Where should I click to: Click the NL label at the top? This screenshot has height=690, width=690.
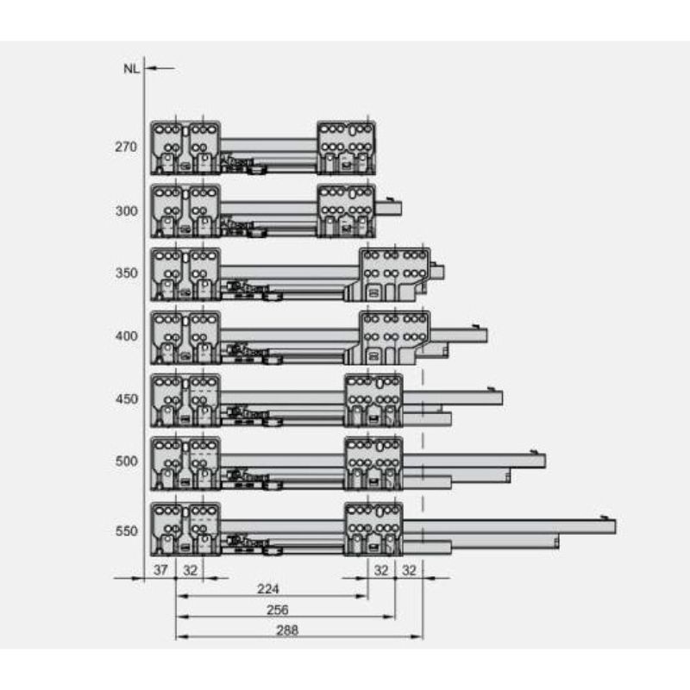pos(131,69)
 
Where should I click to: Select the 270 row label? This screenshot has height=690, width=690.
pos(126,147)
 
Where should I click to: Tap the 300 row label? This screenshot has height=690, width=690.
pos(126,211)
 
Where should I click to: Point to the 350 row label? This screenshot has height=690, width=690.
pos(126,273)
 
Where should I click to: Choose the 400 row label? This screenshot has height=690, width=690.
pos(126,336)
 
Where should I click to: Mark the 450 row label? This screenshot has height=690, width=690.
pos(126,399)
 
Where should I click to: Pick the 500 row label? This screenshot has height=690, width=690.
pos(126,461)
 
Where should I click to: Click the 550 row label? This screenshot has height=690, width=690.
pos(126,531)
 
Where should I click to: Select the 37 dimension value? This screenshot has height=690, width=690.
pos(160,570)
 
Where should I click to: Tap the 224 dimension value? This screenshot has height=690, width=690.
pos(268,589)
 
